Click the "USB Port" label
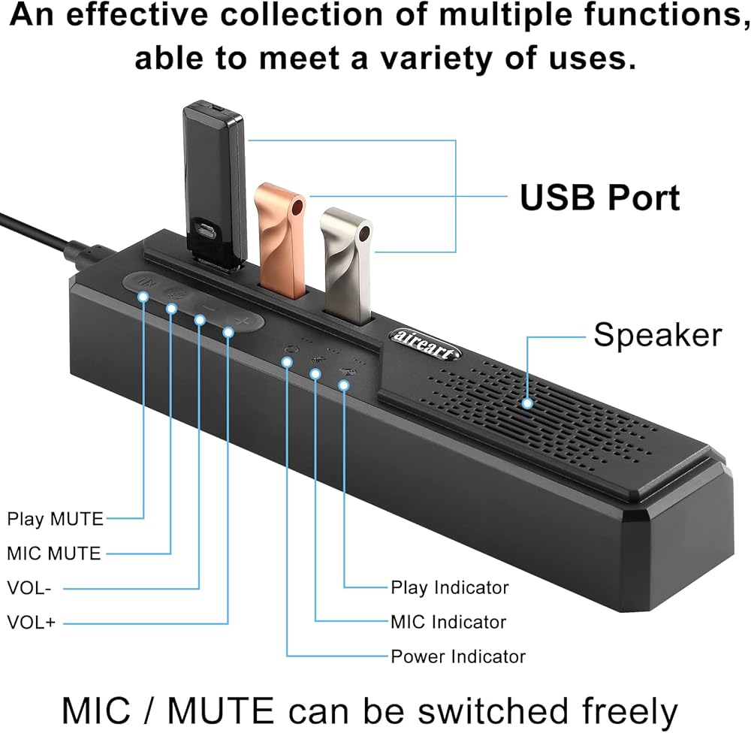[x=600, y=198]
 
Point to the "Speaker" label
[x=658, y=335]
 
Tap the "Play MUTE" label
[x=55, y=518]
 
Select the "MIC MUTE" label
[x=53, y=554]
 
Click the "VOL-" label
[x=29, y=588]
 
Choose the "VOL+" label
[x=31, y=623]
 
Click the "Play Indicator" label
[x=450, y=587]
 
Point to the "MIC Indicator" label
[x=448, y=622]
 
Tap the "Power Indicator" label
[x=458, y=656]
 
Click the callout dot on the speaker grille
[x=528, y=403]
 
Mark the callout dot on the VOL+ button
[x=228, y=333]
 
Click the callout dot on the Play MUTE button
[x=143, y=297]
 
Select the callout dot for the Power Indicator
[x=287, y=362]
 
